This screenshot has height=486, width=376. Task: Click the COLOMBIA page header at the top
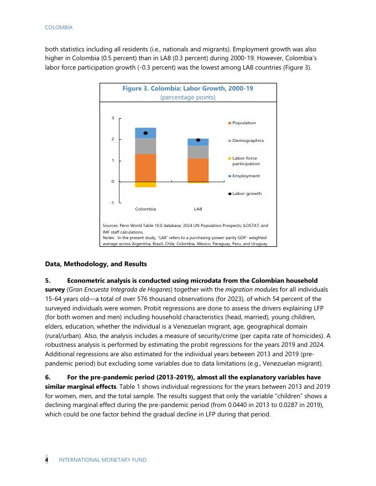(59, 27)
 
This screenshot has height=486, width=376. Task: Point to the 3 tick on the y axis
(113, 118)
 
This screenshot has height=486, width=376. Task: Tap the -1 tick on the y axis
(112, 203)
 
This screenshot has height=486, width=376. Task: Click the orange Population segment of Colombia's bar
(145, 167)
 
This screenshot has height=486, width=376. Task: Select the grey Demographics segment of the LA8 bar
(198, 152)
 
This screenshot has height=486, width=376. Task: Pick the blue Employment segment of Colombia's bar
(145, 133)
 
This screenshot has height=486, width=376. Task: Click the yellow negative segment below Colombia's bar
(145, 184)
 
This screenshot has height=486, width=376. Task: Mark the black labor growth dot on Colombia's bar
(145, 133)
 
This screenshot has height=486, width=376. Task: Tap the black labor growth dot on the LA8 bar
(198, 140)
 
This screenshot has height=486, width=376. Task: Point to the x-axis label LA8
(198, 209)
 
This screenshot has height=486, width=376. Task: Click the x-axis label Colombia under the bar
(145, 209)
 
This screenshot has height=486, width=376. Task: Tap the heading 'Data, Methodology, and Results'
(96, 263)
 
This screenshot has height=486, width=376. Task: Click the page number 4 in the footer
(47, 459)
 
